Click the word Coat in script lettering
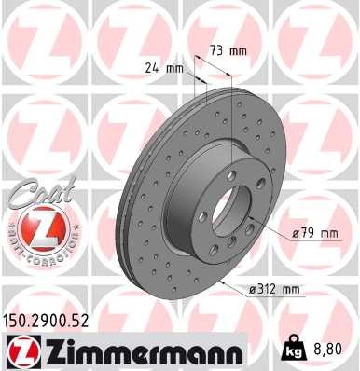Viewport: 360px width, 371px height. pyautogui.click(x=35, y=196)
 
